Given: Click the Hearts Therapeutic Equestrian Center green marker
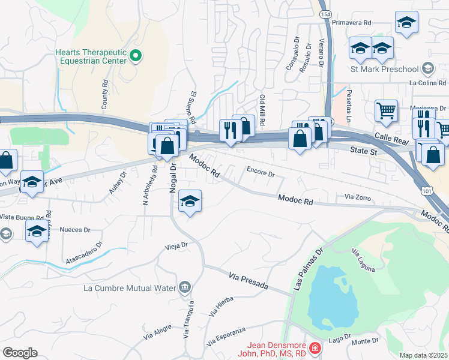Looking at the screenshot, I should [136, 56].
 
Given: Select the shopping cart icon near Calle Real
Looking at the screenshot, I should [386, 110].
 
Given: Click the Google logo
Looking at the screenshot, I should [20, 353].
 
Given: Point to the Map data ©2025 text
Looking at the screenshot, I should [424, 355].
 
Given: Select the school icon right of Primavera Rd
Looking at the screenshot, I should [406, 22].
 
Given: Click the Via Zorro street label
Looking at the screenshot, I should [358, 196].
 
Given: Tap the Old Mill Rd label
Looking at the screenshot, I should [262, 106].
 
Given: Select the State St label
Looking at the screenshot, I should [364, 152].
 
